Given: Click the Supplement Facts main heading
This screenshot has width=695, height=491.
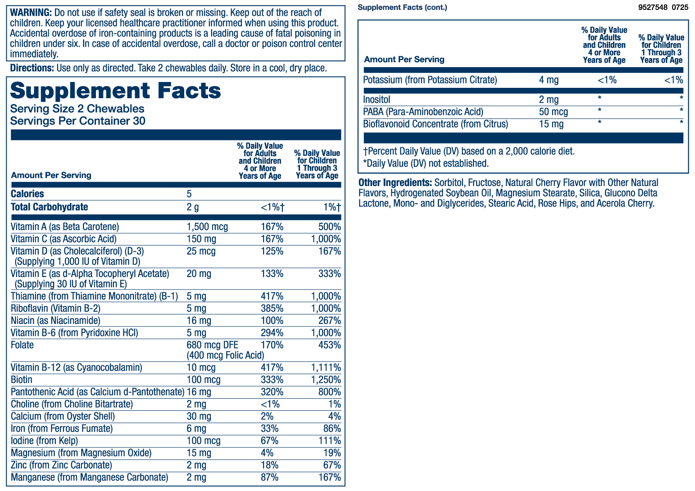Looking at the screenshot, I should click(115, 91).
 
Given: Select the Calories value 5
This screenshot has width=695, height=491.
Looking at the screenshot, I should click(189, 194).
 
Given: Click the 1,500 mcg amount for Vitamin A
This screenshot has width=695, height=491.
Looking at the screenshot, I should click(207, 227).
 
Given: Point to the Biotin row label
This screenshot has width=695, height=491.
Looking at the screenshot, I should click(22, 380).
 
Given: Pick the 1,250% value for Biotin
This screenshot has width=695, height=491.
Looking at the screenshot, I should click(326, 380).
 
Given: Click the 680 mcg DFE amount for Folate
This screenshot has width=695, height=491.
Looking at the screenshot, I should click(212, 345).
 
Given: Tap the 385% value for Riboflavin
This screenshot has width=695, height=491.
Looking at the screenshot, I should click(272, 309).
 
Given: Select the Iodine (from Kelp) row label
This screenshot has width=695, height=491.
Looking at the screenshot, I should click(44, 441).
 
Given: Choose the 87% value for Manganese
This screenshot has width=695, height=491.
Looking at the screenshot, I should click(269, 477).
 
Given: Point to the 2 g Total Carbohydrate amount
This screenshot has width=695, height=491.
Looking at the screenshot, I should click(192, 207).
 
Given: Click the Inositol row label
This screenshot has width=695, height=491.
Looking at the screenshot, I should click(377, 100).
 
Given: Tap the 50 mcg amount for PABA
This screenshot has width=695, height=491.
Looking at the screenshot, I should click(553, 112).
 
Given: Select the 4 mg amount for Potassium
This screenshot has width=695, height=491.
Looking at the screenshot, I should click(549, 80).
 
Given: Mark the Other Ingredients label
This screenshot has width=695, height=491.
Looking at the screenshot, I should click(395, 183).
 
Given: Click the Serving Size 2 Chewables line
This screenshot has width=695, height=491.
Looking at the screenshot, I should click(77, 109).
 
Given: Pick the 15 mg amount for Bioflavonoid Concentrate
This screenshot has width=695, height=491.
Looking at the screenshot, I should click(551, 124).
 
